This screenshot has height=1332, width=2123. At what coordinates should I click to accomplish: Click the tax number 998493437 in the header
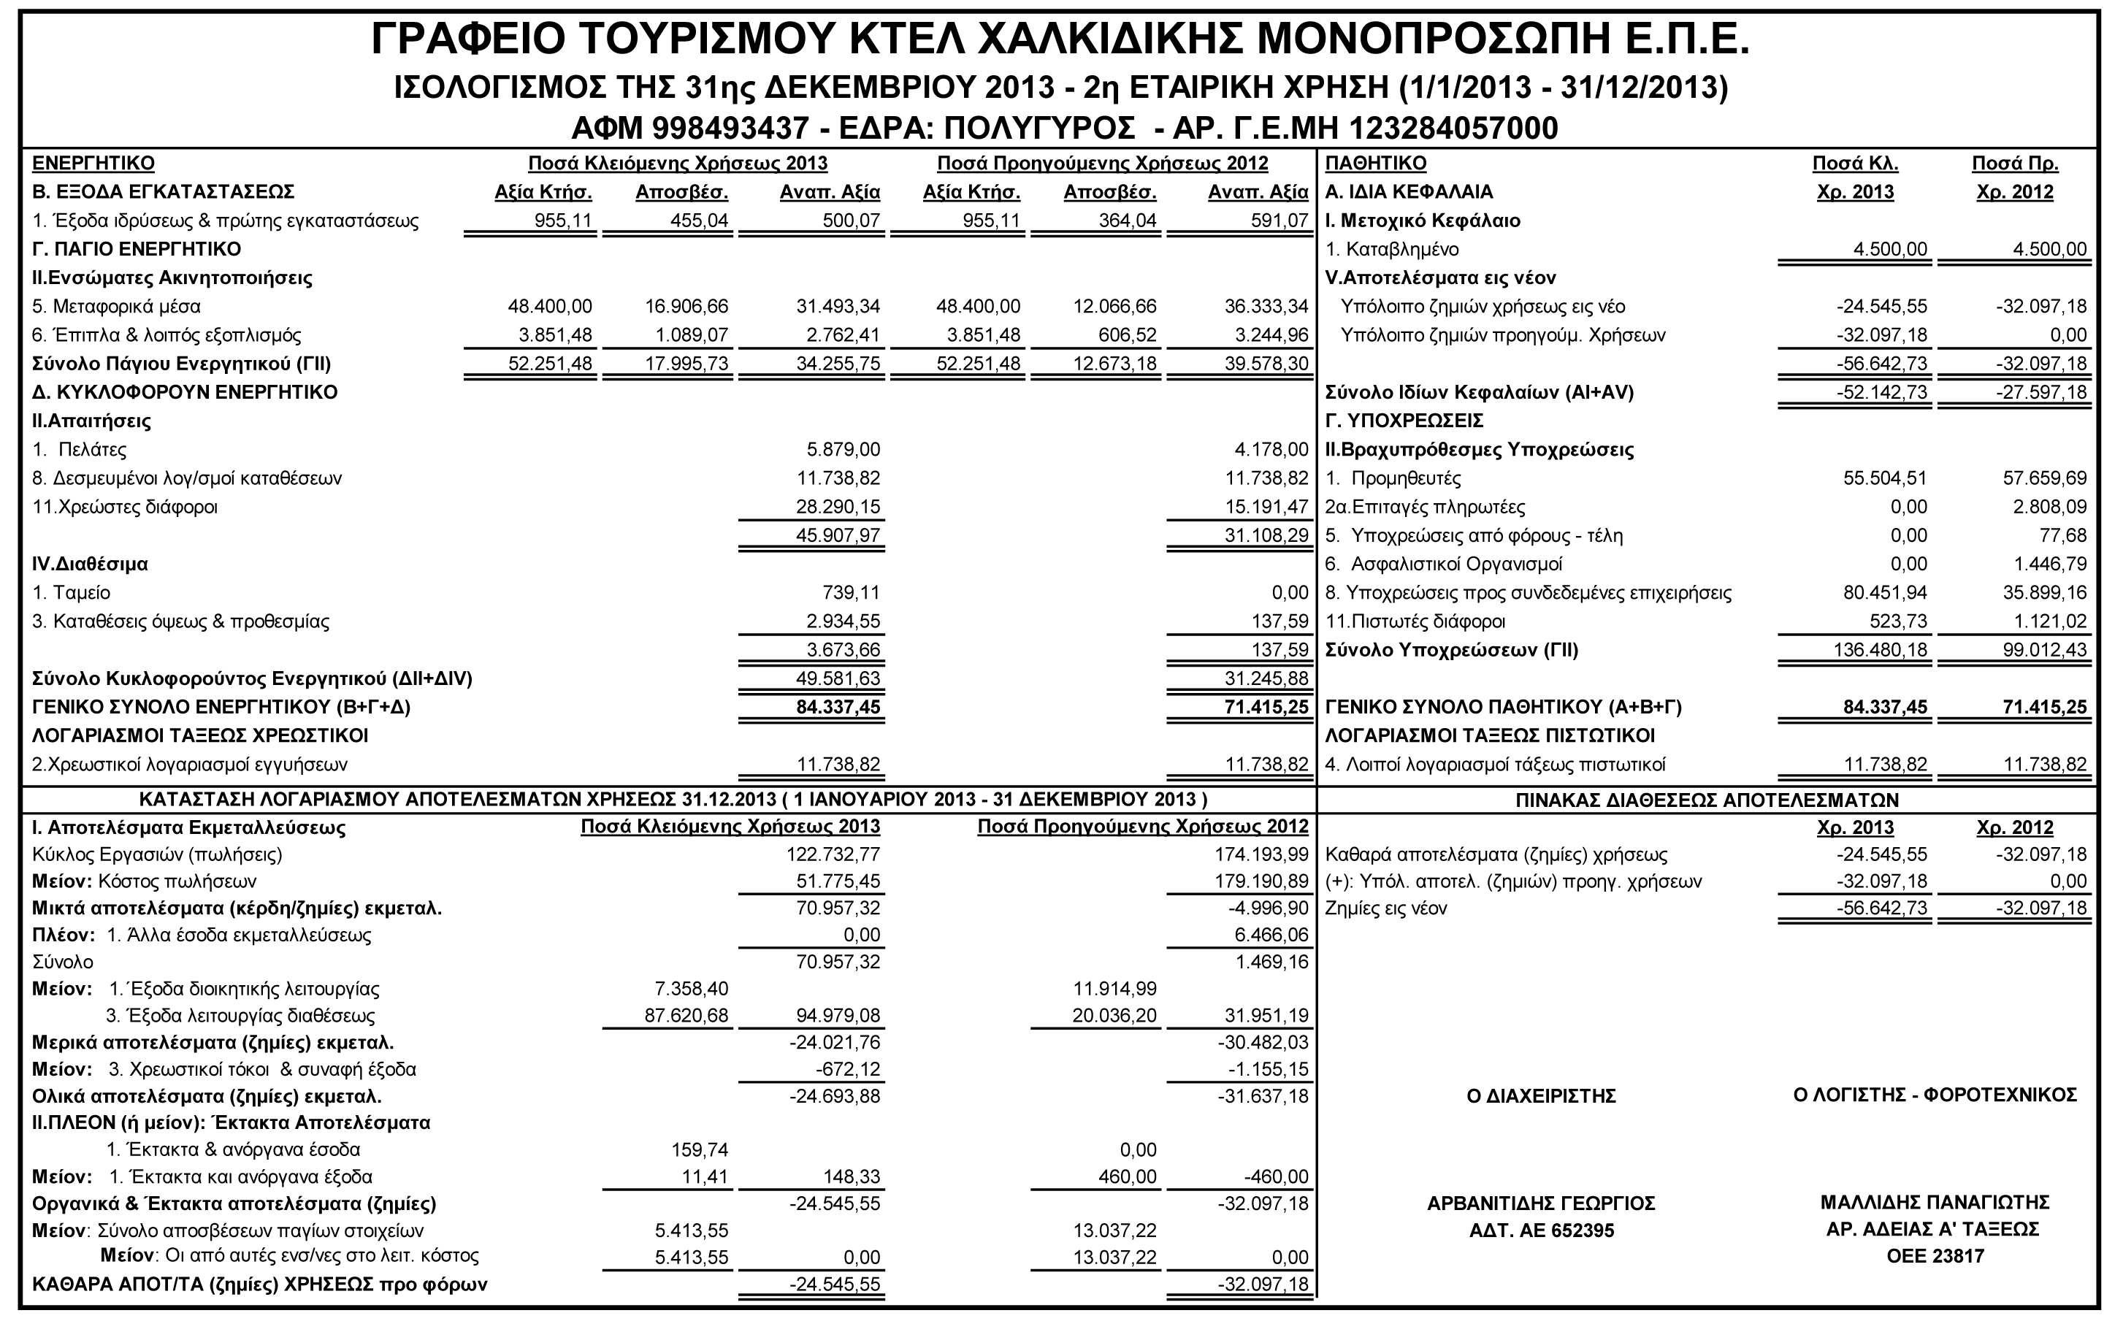(730, 129)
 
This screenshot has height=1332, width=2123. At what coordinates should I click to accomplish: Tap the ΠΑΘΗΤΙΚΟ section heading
(1375, 163)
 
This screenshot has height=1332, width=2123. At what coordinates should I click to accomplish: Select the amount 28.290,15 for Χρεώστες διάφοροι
(843, 507)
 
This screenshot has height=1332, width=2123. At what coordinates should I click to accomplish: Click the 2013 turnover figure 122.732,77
(833, 854)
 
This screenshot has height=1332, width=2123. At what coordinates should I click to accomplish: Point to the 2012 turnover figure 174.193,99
(1261, 854)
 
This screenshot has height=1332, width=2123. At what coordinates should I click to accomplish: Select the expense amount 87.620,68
(686, 1015)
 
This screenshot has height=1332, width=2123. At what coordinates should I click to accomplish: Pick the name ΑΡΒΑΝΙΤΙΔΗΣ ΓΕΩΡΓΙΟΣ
(1541, 1203)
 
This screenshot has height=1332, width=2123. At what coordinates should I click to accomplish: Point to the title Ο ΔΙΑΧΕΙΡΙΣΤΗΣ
(1541, 1096)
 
